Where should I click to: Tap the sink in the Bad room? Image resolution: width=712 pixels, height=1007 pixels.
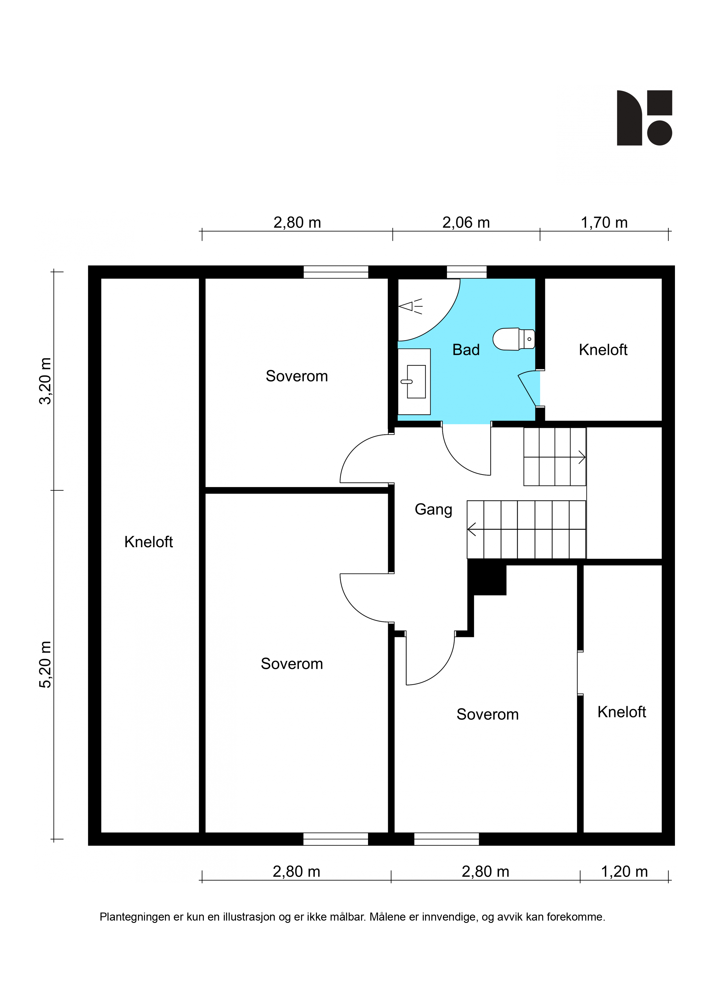(414, 382)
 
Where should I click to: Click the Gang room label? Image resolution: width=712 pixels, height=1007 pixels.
(434, 510)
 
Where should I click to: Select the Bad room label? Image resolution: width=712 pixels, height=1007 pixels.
(466, 350)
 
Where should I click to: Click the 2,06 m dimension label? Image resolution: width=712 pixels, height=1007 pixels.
(466, 222)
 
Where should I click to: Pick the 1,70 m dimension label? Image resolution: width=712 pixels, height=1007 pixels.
(604, 222)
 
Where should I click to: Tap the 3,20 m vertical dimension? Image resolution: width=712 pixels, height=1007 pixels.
(46, 381)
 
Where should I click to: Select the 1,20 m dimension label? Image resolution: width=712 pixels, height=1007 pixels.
(624, 872)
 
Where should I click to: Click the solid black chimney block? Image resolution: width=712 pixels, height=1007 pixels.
(487, 580)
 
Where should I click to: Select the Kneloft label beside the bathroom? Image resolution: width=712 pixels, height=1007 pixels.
(603, 350)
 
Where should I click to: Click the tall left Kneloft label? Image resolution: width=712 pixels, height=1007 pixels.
(149, 542)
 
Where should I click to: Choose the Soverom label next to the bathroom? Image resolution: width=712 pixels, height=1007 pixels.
(297, 376)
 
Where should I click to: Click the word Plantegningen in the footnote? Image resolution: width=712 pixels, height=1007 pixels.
(135, 917)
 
